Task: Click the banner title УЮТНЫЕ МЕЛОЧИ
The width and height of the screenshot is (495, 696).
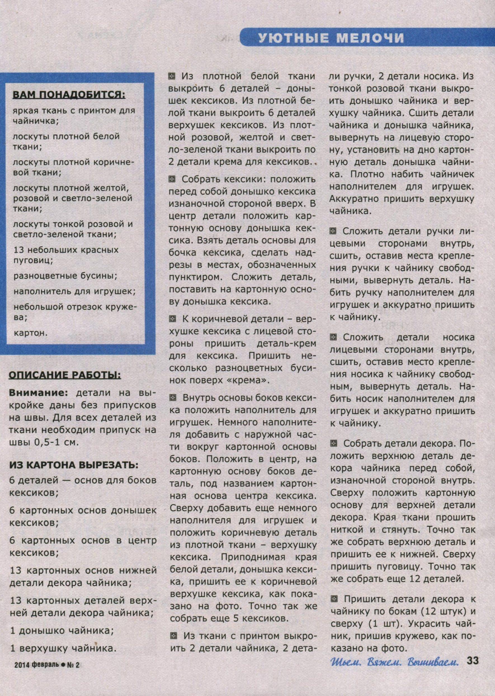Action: [x=331, y=38]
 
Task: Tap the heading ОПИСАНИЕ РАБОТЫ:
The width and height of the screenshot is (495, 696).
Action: [x=65, y=375]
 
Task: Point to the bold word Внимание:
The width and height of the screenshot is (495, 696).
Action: [x=40, y=393]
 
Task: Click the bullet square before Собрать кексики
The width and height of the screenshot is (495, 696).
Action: [x=173, y=180]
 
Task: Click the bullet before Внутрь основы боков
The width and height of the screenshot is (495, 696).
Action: [x=173, y=398]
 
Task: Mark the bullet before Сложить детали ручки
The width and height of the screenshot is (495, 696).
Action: [x=333, y=231]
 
